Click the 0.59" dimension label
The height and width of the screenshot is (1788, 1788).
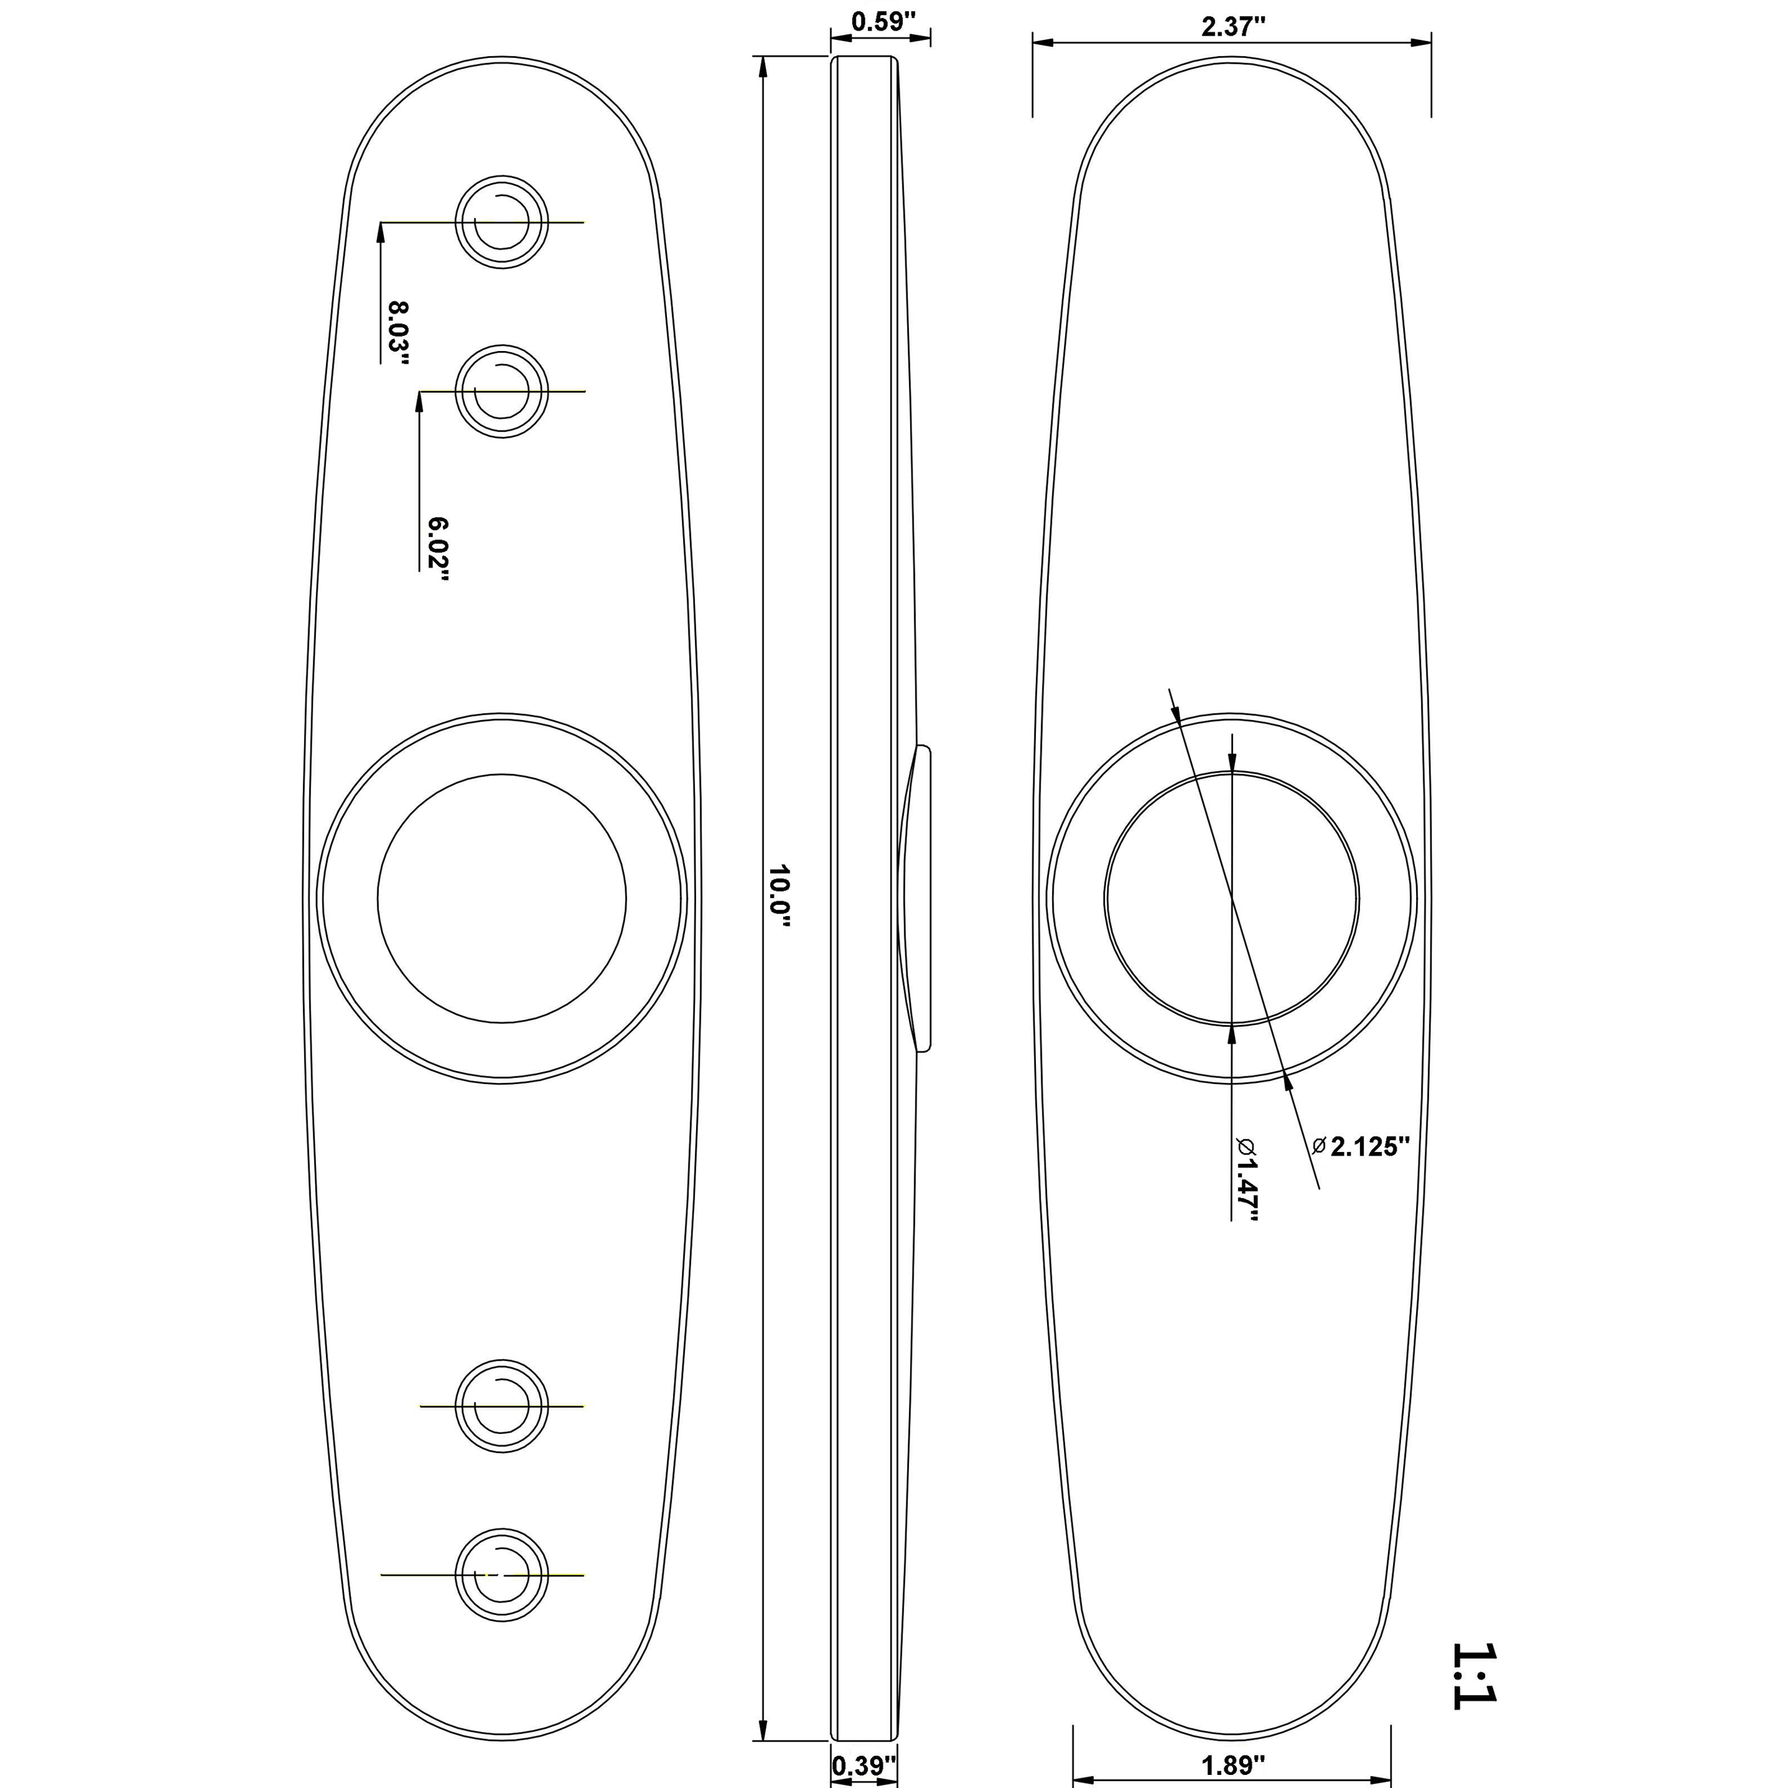pyautogui.click(x=882, y=21)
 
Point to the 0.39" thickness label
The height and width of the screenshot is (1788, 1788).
pyautogui.click(x=864, y=1765)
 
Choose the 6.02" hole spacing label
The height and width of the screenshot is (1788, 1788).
pyautogui.click(x=437, y=550)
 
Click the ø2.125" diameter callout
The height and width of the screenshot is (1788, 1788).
pyautogui.click(x=1361, y=1147)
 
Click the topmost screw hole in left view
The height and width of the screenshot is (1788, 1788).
pyautogui.click(x=502, y=222)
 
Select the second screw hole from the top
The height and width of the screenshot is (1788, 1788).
pyautogui.click(x=502, y=392)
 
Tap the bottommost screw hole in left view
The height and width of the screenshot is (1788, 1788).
pyautogui.click(x=502, y=1574)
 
